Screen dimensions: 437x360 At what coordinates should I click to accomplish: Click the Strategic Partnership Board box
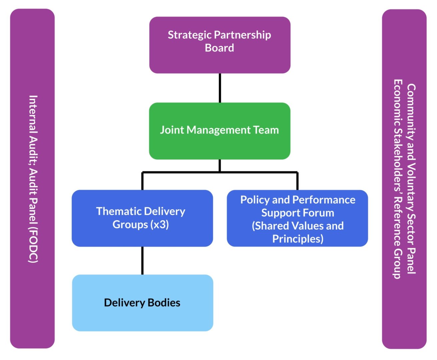[220, 45]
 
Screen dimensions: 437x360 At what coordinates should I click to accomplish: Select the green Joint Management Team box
[220, 131]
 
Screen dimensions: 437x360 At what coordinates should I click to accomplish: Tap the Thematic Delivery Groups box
[142, 218]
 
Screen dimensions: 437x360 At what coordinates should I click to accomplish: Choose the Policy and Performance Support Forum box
[297, 218]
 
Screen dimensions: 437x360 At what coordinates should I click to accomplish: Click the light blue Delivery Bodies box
[142, 303]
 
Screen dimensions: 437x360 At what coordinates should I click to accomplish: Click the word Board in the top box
[219, 48]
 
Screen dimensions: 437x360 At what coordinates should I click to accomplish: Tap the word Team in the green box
[266, 130]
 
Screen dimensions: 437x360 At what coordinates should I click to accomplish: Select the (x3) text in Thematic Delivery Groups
[160, 225]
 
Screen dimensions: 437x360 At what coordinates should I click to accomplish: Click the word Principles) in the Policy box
[298, 239]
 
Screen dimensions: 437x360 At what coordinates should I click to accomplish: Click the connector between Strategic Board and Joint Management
[220, 88]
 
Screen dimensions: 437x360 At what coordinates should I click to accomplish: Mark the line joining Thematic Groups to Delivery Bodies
[142, 261]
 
